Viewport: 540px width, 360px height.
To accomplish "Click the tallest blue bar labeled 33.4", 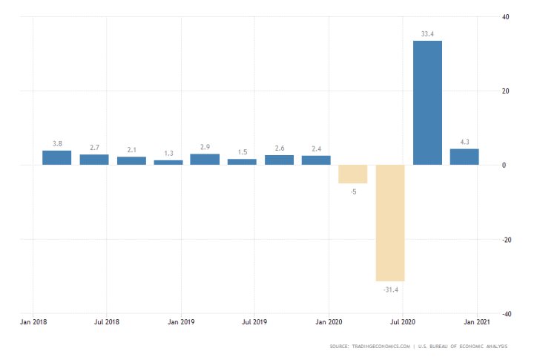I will click(x=427, y=102).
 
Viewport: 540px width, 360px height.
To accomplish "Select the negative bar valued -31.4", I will click(x=390, y=223).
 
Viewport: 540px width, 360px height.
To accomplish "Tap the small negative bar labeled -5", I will click(x=353, y=174).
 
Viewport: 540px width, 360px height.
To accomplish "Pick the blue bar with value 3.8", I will click(x=57, y=157).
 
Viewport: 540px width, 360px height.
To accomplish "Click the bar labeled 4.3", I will click(x=464, y=157).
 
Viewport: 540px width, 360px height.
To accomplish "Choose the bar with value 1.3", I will click(x=168, y=162).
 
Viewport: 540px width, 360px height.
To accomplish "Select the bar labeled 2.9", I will click(x=205, y=159).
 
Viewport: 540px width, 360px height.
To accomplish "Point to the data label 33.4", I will click(x=427, y=33).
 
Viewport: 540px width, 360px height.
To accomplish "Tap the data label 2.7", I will click(x=94, y=148).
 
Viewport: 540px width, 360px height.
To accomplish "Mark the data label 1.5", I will click(x=242, y=152).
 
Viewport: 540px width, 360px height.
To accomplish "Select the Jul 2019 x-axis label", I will click(x=254, y=323).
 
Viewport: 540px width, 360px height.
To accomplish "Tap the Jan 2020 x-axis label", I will click(x=329, y=323).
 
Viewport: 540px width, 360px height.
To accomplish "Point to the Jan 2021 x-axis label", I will click(x=475, y=323).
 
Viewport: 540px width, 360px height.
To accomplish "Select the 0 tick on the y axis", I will click(x=504, y=166).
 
